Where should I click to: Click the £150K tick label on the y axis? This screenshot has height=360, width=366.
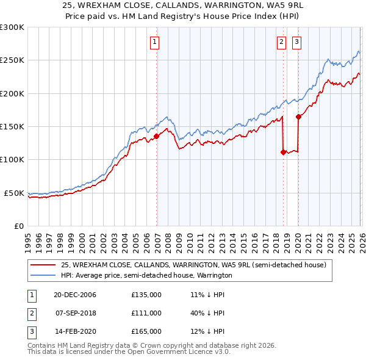[x=12, y=126]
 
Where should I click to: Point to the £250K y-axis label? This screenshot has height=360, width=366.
[x=12, y=60]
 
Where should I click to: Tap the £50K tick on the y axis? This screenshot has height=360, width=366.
[x=14, y=193]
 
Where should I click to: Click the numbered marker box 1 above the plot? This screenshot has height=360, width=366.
[x=155, y=42]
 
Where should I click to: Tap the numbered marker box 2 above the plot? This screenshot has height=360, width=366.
[x=281, y=42]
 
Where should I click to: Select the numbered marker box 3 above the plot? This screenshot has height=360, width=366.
[x=296, y=42]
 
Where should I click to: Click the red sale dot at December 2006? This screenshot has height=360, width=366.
[x=157, y=136]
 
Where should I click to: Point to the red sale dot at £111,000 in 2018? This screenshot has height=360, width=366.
[x=284, y=153]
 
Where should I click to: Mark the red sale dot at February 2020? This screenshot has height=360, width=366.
[x=298, y=117]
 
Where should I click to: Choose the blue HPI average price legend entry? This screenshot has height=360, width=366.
[x=146, y=275]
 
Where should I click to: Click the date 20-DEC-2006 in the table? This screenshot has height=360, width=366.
[x=74, y=295]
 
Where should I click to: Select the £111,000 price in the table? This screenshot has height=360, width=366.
[x=146, y=313]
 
